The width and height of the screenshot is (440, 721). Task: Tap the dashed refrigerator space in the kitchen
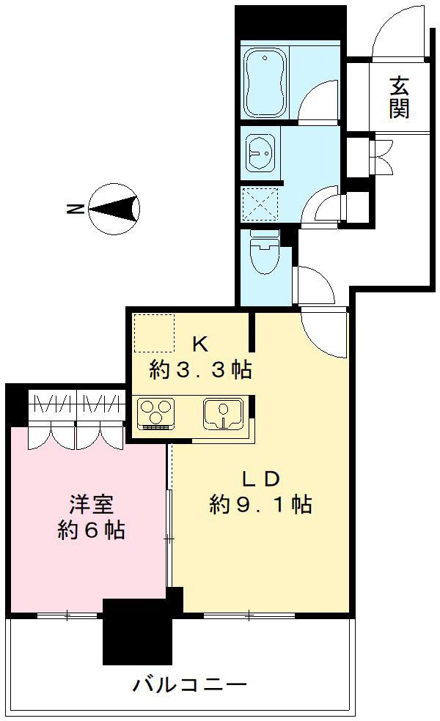(x=154, y=334)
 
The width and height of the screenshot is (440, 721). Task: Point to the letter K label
(x=200, y=343)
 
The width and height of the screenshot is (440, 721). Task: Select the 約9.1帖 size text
(x=260, y=505)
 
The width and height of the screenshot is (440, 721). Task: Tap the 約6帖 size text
(x=90, y=530)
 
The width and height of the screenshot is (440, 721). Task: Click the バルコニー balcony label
(x=189, y=686)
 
